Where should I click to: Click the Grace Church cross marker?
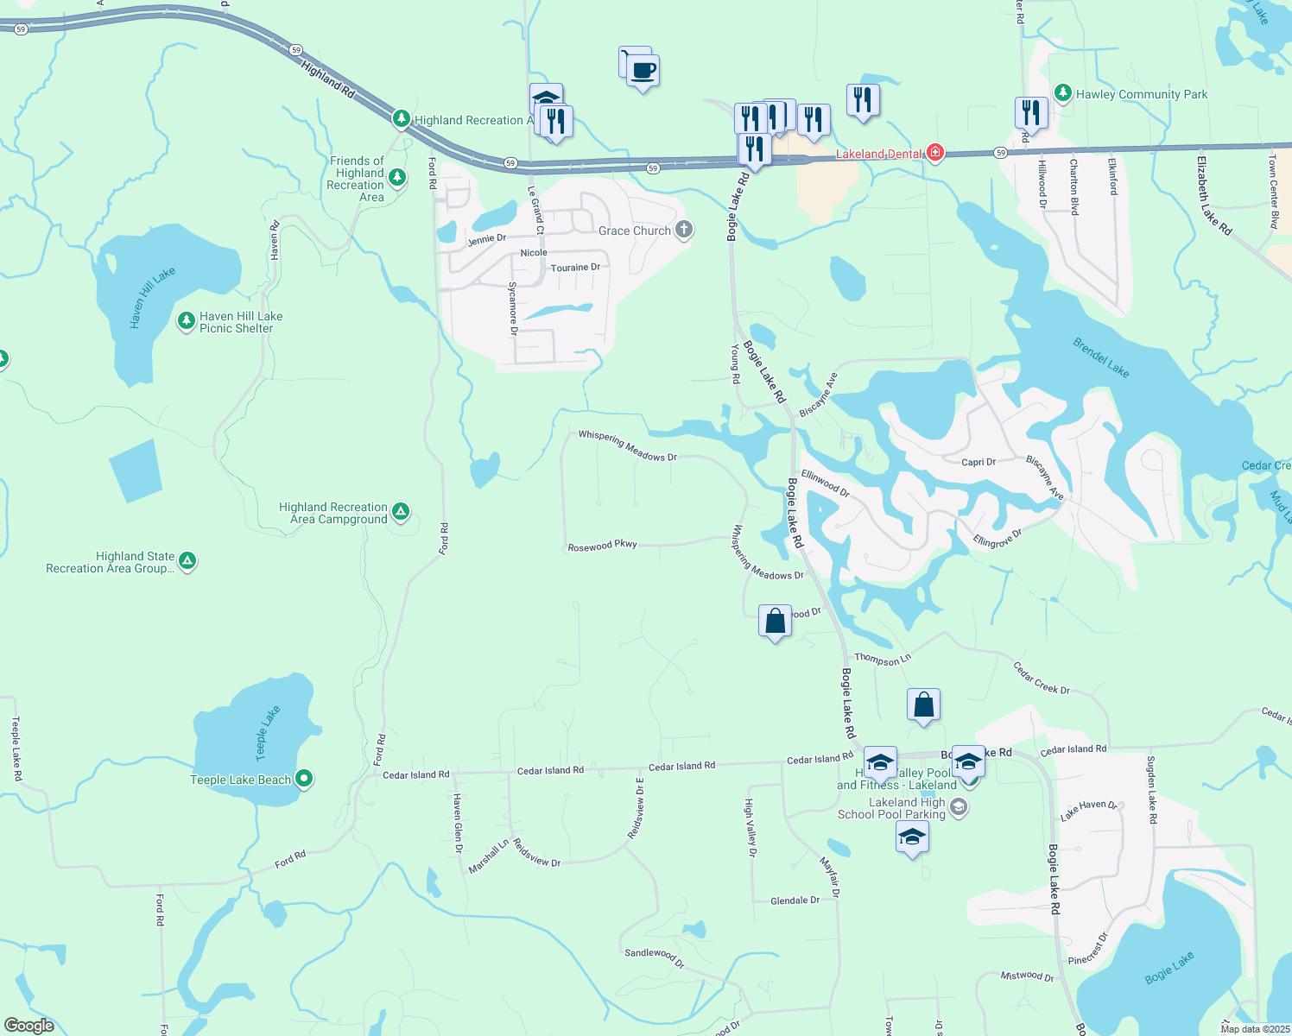pos(684,230)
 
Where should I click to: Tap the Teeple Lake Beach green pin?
pos(303,779)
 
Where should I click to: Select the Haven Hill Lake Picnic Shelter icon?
pos(186,322)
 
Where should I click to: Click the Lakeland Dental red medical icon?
pos(934,154)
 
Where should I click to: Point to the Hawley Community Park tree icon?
pos(1063,93)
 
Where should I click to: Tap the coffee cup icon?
pos(642,71)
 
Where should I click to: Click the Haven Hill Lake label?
pos(152,298)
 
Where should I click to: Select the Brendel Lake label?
pos(1101,357)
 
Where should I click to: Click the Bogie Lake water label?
pos(1169,968)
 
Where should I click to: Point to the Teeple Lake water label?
pos(268,729)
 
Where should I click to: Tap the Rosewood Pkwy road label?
pos(602,546)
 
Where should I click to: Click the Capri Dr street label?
pos(978,462)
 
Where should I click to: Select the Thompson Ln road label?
pos(883,660)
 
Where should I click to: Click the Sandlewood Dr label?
pos(655,957)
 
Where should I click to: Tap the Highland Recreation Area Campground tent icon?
pos(400,512)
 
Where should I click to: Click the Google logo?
pos(28,1026)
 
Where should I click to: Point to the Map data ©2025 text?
pos(1254,1029)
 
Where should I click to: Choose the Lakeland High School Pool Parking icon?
pos(958,808)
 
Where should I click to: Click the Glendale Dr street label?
pos(795,900)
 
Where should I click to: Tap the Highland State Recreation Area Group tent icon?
pos(187,561)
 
